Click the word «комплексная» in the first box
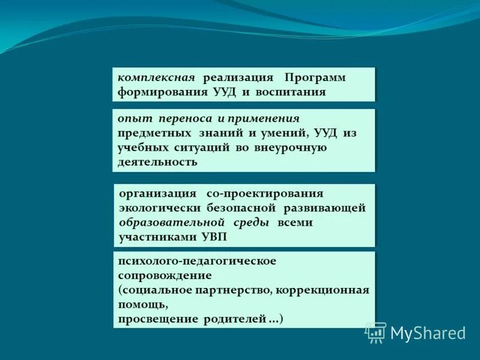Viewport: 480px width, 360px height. click(x=155, y=78)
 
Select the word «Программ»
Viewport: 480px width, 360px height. click(x=315, y=78)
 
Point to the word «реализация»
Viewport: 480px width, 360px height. click(x=238, y=78)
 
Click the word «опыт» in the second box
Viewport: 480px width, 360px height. click(x=131, y=119)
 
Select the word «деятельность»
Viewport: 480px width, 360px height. click(x=157, y=162)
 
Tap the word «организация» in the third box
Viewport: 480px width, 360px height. click(x=158, y=194)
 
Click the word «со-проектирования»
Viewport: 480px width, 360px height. click(x=265, y=194)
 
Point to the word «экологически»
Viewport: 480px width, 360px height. click(x=157, y=208)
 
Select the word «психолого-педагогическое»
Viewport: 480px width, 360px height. click(x=197, y=261)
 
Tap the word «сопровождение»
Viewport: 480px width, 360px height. click(x=164, y=275)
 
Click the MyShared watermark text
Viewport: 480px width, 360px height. click(x=428, y=332)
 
